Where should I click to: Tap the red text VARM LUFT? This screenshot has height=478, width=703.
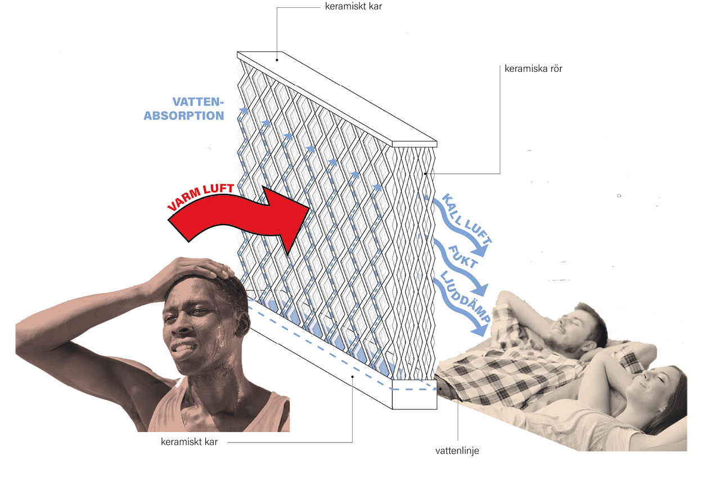[201, 196]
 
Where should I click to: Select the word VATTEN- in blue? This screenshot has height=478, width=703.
[198, 102]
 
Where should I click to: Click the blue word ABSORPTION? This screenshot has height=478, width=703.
[184, 115]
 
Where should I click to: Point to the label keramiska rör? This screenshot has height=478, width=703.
[533, 69]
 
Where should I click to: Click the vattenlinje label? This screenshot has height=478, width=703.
[457, 450]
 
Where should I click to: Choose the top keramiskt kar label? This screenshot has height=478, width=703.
[353, 6]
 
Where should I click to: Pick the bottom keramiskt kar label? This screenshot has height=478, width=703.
[189, 441]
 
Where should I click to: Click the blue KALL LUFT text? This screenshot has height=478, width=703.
[467, 218]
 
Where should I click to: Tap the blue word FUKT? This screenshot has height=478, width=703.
[463, 257]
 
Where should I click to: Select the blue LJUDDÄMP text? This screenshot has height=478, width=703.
[465, 296]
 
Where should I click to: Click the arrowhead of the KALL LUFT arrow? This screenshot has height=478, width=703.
[480, 250]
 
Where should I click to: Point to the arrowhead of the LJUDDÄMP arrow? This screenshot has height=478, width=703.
[480, 330]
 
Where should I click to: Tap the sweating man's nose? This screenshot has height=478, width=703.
[182, 326]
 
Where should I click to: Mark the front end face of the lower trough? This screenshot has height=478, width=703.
[414, 394]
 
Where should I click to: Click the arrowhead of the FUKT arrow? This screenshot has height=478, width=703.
[480, 290]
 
